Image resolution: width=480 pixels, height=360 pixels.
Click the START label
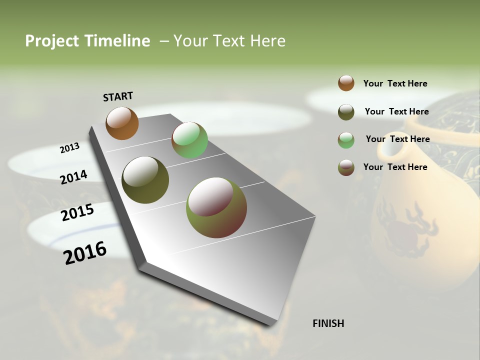pyautogui.click(x=118, y=96)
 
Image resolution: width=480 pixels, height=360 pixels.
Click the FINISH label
pyautogui.click(x=328, y=323)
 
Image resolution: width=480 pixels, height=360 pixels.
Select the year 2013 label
pyautogui.click(x=69, y=148)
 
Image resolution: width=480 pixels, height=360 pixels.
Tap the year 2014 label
pyautogui.click(x=74, y=177)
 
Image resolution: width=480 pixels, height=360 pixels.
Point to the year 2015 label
pyautogui.click(x=77, y=212)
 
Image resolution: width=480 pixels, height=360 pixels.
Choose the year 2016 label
pyautogui.click(x=85, y=252)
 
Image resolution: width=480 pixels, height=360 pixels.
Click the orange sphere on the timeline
pyautogui.click(x=122, y=123)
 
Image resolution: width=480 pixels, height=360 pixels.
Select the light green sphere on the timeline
pyautogui.click(x=189, y=140)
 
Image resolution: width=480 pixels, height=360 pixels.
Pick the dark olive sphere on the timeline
pyautogui.click(x=145, y=180)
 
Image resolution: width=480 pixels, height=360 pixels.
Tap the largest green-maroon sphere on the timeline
pyautogui.click(x=216, y=207)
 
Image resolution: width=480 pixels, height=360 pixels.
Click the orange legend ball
pyautogui.click(x=346, y=83)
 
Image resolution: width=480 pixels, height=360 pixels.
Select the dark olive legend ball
pyautogui.click(x=346, y=111)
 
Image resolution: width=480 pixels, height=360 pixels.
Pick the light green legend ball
pyautogui.click(x=346, y=140)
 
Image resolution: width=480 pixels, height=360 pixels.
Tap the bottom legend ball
pyautogui.click(x=346, y=167)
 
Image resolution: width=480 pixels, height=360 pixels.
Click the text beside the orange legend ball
pyautogui.click(x=395, y=83)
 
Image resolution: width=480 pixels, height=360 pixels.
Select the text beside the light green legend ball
pyautogui.click(x=397, y=139)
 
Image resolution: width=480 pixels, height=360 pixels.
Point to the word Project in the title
pyautogui.click(x=52, y=41)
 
